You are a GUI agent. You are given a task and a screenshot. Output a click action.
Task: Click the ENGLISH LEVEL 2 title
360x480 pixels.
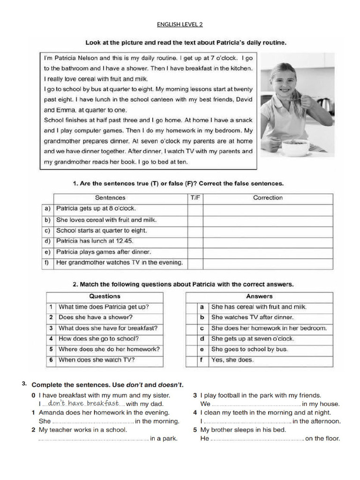point(180,24)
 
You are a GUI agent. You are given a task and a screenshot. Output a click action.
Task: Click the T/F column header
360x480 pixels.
point(195,198)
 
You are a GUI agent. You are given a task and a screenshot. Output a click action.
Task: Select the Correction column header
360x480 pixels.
point(268,198)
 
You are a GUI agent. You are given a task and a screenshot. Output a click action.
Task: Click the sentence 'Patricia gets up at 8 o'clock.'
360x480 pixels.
point(96,209)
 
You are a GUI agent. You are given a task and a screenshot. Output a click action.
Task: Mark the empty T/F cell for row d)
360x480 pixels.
point(195,241)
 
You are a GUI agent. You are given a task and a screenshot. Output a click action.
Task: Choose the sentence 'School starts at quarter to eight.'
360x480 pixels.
point(101,230)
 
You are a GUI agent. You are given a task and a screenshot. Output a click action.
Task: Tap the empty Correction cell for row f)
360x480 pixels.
point(268,262)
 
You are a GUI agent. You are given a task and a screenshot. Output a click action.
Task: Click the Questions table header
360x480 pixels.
point(105,296)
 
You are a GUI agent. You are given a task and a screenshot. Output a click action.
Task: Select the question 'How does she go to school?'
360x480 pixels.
point(98,338)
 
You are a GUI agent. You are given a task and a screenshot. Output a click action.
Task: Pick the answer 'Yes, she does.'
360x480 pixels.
point(232,360)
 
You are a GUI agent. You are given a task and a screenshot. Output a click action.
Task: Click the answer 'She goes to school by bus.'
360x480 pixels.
point(249,349)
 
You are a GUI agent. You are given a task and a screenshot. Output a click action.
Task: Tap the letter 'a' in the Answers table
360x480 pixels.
point(202,307)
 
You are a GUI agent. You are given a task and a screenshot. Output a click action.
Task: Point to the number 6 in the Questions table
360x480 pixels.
point(51,360)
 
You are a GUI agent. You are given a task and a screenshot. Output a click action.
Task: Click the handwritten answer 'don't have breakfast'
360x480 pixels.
point(83,403)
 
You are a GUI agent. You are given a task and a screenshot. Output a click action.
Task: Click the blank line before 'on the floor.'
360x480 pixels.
point(257,439)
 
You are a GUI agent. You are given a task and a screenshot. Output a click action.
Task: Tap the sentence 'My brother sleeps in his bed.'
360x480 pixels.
point(243,430)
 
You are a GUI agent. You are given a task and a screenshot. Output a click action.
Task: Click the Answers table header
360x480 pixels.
point(259,296)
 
